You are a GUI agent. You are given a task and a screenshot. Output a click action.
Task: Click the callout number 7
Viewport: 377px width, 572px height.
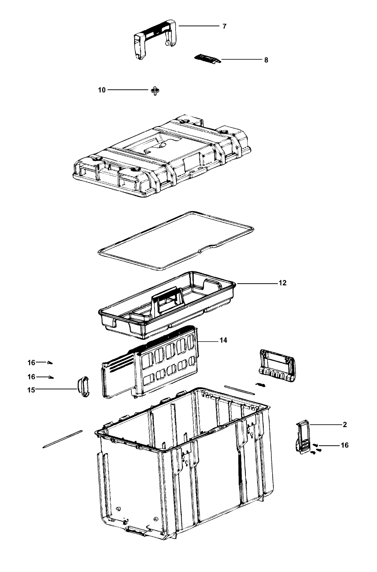tap(224, 26)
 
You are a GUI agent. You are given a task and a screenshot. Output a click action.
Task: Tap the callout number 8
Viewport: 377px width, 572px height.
tap(266, 60)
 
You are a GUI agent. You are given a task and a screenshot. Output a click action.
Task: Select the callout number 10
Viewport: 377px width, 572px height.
tap(102, 90)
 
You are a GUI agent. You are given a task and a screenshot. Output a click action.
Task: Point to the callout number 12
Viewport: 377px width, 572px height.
tap(282, 283)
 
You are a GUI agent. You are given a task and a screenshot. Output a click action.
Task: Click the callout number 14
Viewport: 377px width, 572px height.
tap(223, 340)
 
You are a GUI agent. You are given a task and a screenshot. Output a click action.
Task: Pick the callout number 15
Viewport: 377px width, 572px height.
tap(31, 390)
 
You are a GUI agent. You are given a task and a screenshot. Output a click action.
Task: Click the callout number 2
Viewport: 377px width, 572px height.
tap(345, 425)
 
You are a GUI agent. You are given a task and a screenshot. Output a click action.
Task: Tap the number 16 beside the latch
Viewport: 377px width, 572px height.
tap(345, 445)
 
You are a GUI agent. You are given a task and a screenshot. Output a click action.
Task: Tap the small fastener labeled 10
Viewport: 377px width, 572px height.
tap(155, 90)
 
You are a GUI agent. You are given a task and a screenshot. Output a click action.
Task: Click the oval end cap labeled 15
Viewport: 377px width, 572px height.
tap(83, 386)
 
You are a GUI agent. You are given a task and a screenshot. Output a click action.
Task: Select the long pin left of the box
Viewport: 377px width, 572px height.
tap(63, 439)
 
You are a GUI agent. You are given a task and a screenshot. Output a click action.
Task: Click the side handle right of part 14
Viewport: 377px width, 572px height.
tap(277, 365)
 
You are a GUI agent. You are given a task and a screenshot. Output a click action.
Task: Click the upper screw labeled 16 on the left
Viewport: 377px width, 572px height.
tap(50, 362)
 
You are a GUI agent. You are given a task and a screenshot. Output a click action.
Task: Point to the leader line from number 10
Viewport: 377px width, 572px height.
tap(128, 90)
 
